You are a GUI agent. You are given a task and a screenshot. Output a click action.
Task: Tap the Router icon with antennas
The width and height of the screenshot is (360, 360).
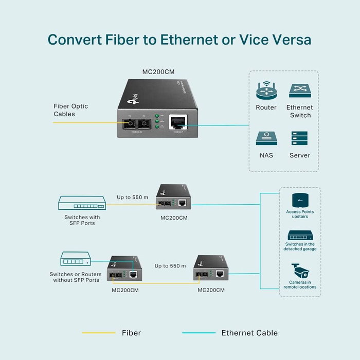(x=266, y=91)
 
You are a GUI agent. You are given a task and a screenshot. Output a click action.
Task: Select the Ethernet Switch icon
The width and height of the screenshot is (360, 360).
(x=300, y=91)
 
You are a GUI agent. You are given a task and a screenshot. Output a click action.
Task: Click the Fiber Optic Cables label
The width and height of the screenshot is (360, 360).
(x=71, y=110)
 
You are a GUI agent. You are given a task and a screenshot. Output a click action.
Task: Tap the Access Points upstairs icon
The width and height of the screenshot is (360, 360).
(x=300, y=200)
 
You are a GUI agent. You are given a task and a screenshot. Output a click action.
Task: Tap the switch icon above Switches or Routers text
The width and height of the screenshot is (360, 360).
(x=76, y=259)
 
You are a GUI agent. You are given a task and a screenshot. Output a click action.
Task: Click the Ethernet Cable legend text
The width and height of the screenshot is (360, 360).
(x=249, y=333)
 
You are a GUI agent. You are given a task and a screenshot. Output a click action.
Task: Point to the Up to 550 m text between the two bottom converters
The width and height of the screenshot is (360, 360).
(x=170, y=266)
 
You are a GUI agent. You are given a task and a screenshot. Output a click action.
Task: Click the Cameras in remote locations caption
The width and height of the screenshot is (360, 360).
(x=300, y=285)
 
